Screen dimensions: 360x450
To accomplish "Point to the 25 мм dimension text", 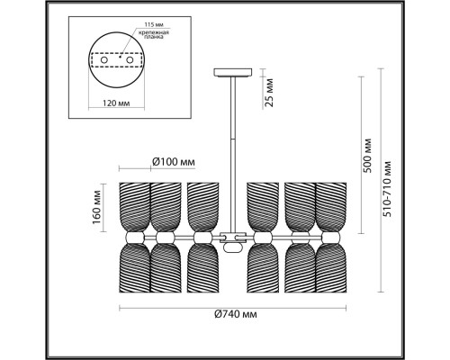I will point(267,90).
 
